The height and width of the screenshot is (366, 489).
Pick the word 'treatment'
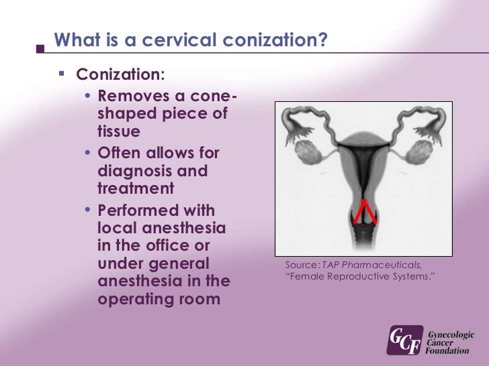136,188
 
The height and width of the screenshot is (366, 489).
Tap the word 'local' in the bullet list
119,229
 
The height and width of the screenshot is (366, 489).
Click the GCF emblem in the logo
405,340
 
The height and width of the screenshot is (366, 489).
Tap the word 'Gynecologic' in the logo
451,332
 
